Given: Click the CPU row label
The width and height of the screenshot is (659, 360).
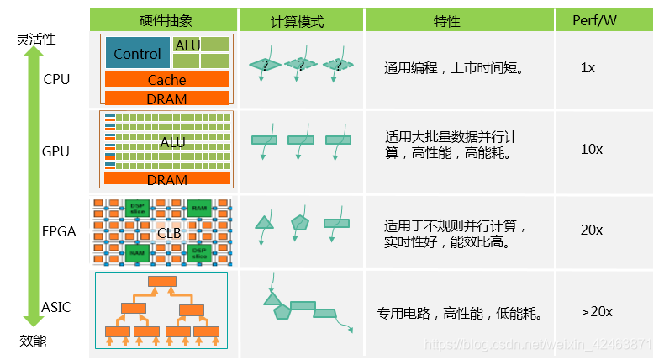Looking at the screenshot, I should pos(56,80).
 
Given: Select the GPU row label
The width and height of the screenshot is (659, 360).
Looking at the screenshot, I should pos(56,152).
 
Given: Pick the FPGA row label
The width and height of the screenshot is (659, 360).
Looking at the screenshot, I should pos(59,231).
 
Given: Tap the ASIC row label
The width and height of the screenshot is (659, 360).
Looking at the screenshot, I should pos(56,307).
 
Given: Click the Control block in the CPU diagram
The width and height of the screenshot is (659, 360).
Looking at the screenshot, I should pos(137,54).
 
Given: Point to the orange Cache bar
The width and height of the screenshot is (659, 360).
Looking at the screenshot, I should pos(166,80).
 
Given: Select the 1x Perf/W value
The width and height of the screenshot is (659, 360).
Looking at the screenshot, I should pos(588,67).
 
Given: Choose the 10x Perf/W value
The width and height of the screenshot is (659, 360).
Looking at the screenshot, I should pos(591,149).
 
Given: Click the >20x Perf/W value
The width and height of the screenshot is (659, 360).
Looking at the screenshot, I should pos(597,311).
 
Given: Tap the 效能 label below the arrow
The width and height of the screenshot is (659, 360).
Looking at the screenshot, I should pos(33,341).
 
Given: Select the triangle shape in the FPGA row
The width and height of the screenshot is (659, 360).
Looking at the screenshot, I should pos(265,222).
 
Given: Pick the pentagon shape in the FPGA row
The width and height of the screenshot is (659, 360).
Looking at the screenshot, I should pos(300,222).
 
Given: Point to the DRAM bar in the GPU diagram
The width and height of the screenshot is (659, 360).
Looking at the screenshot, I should pos(166,179).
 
